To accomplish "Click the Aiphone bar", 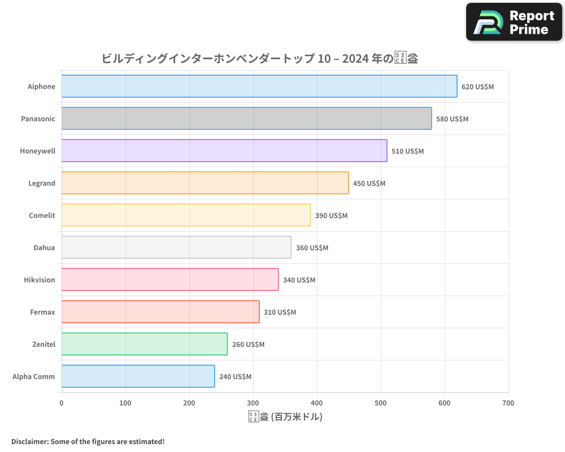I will (259, 86).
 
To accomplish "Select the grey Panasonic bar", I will (246, 119).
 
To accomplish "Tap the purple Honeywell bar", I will (224, 151).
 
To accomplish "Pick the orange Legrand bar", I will (205, 183).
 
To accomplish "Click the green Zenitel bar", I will (144, 344).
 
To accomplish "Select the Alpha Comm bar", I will (138, 376).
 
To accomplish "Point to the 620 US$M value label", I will (477, 86).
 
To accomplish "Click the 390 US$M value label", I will (331, 215).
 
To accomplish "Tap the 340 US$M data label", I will (299, 280).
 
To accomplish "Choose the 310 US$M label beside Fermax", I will (280, 312).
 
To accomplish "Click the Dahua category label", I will (44, 247).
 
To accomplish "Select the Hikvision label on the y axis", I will (40, 280).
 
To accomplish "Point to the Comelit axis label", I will (42, 215).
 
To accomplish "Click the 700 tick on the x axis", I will (508, 403).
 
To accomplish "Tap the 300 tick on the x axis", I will (253, 403).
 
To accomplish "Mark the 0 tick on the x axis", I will (62, 403).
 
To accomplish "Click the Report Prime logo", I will (514, 22).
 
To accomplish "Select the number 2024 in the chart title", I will (349, 58).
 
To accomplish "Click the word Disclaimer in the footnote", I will (29, 441).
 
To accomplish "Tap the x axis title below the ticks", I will (285, 417).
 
